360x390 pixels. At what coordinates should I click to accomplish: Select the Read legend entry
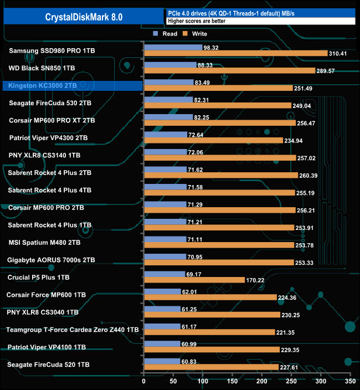pyautogui.click(x=167, y=34)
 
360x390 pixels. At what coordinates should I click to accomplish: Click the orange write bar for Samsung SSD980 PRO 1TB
pyautogui.click(x=235, y=53)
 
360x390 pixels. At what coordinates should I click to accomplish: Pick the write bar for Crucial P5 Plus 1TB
pyautogui.click(x=194, y=280)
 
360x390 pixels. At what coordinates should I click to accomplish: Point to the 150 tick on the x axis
pyautogui.click(x=232, y=382)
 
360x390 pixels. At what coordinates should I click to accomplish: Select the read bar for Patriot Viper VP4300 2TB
pyautogui.click(x=165, y=135)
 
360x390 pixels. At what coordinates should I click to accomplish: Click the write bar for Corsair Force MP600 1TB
pyautogui.click(x=210, y=297)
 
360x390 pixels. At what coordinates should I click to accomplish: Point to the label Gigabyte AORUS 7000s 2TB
pyautogui.click(x=51, y=260)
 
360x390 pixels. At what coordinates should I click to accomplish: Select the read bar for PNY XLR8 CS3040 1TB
pyautogui.click(x=162, y=309)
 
